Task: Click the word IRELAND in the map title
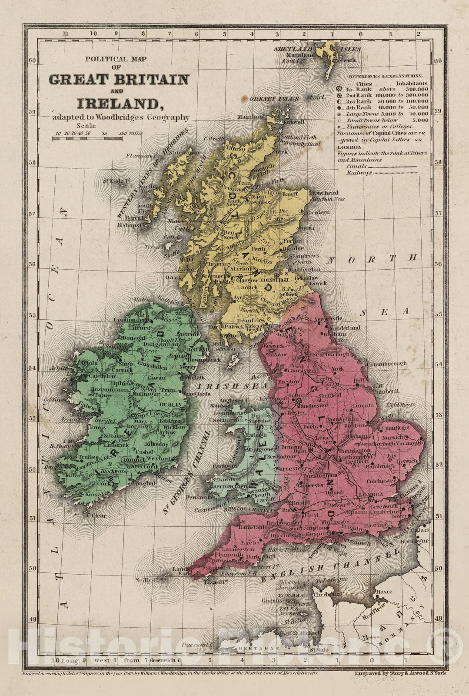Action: click(x=117, y=104)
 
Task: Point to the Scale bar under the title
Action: click(x=87, y=139)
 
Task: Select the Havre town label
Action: click(x=383, y=592)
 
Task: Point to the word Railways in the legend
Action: click(x=359, y=173)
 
